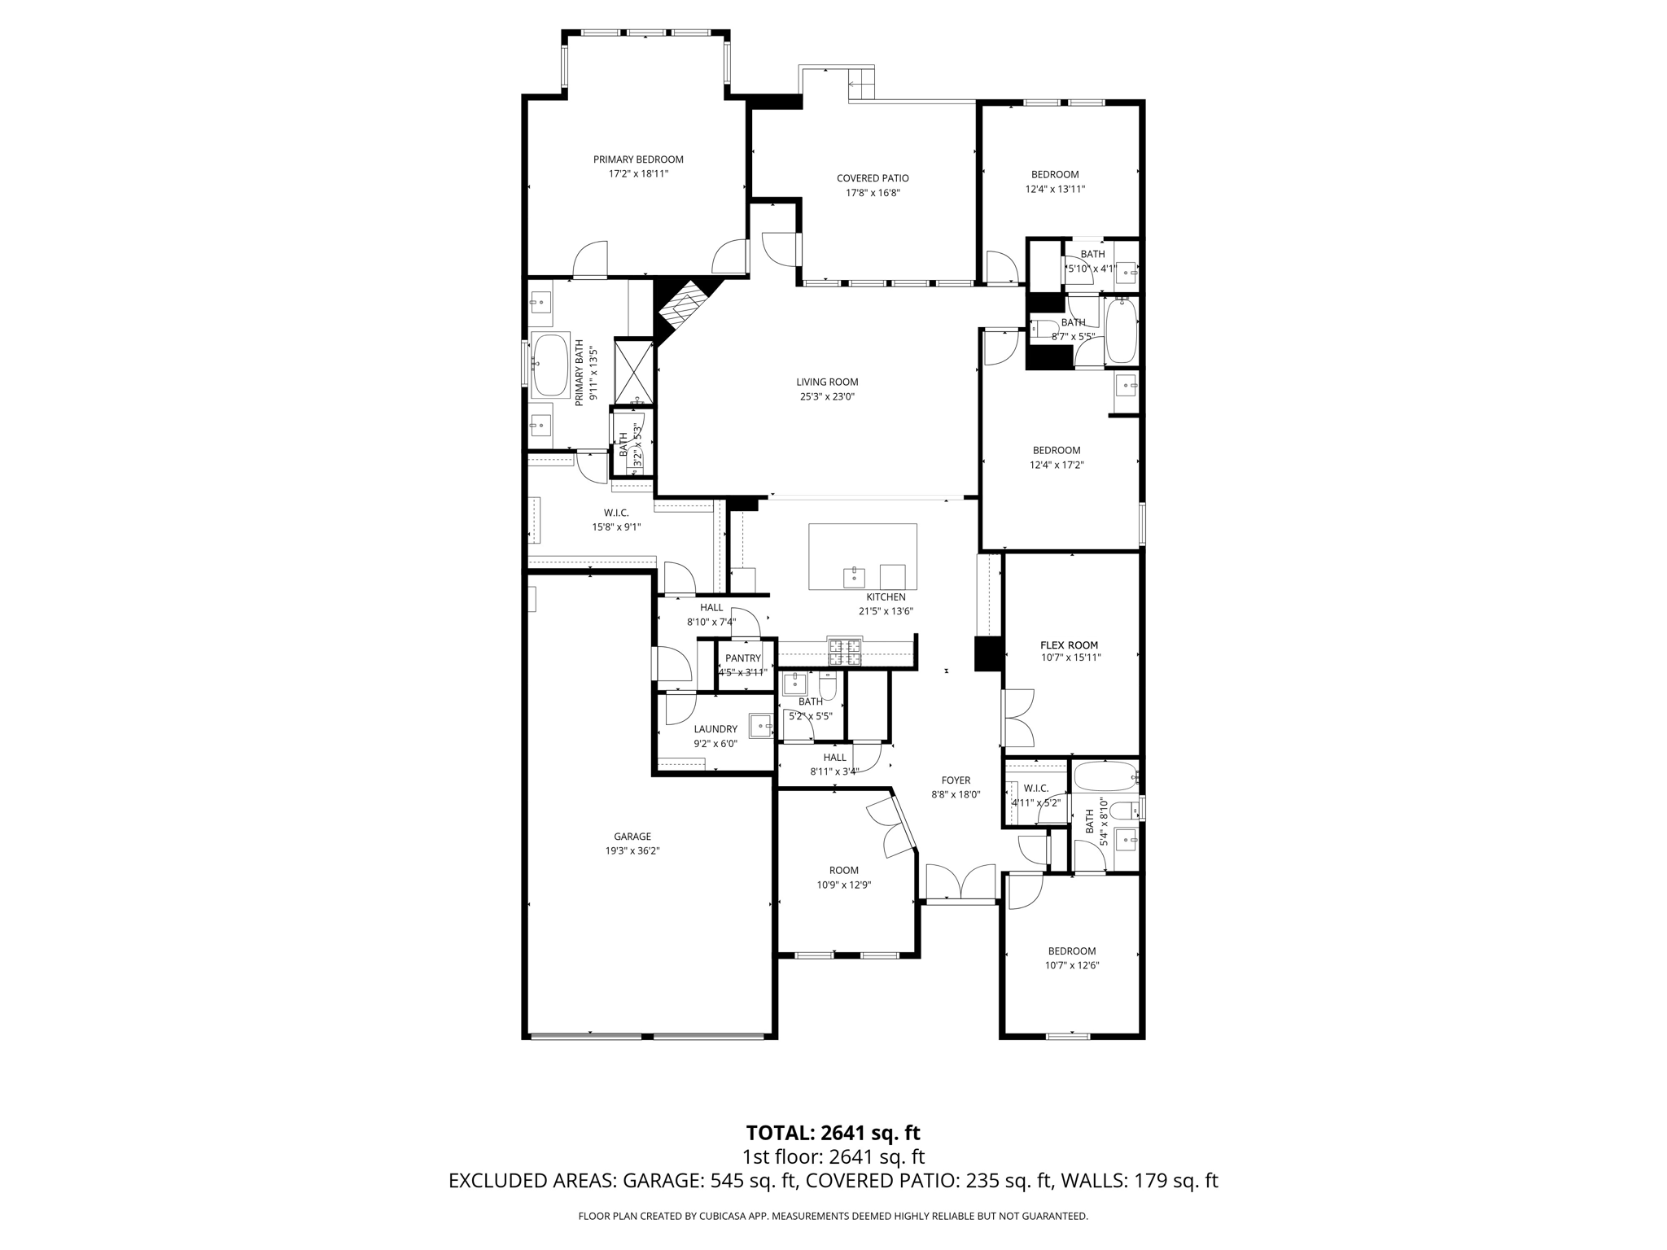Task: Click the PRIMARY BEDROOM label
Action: (638, 160)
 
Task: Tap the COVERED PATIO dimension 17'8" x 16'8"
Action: (873, 193)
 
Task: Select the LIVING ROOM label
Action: (827, 382)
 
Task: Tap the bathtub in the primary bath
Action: (550, 365)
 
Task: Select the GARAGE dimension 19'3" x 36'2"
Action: (632, 850)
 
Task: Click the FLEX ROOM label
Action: (1069, 645)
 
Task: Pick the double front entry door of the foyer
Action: (961, 883)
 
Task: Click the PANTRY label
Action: (742, 658)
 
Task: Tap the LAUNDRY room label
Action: (715, 729)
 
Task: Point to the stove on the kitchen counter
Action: (844, 649)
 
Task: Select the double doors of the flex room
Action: (1018, 718)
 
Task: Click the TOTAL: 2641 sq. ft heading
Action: (833, 1132)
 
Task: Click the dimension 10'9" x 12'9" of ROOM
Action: (844, 885)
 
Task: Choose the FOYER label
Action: (956, 780)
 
